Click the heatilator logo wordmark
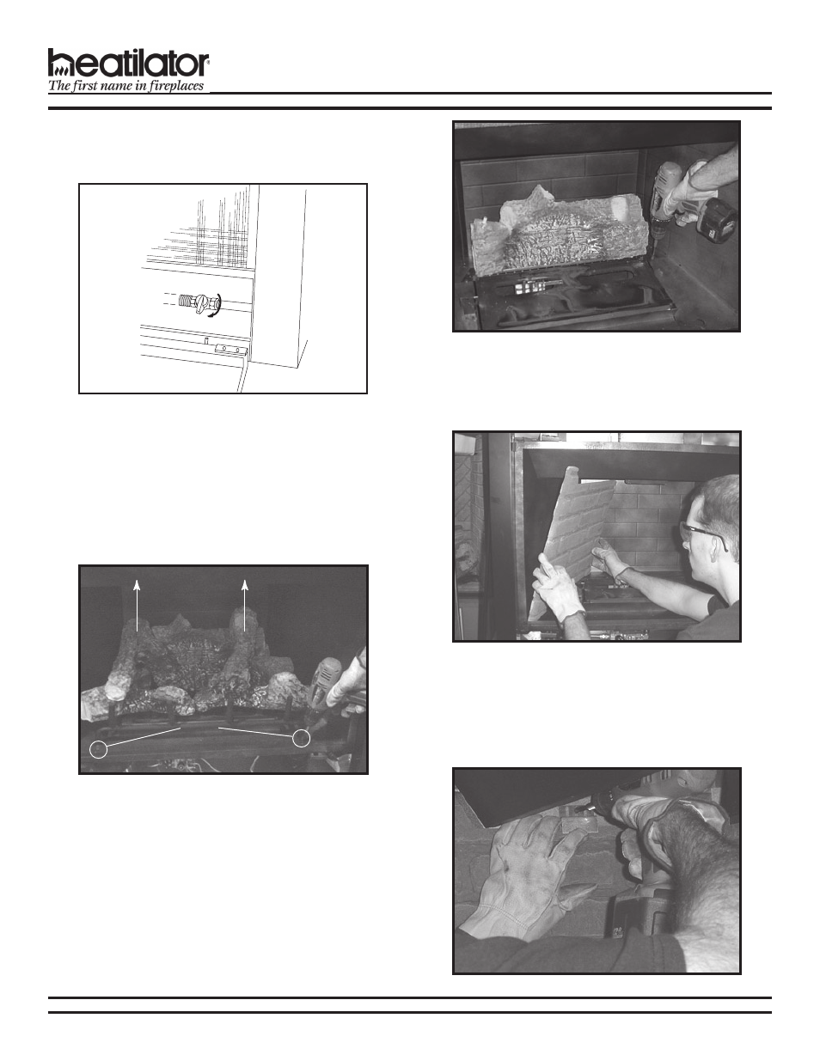pyautogui.click(x=129, y=64)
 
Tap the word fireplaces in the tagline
pyautogui.click(x=175, y=86)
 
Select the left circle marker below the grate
pyautogui.click(x=101, y=749)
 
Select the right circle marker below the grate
pyautogui.click(x=301, y=738)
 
